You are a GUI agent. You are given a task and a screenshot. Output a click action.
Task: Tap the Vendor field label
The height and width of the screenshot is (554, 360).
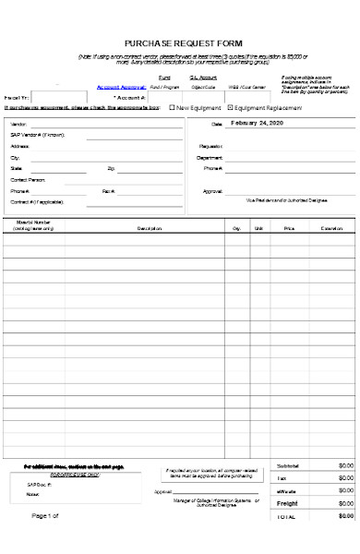point(19,124)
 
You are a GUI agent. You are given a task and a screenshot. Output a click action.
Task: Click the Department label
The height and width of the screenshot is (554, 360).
point(210,158)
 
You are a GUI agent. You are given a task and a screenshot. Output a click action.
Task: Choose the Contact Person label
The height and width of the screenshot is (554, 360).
point(27,180)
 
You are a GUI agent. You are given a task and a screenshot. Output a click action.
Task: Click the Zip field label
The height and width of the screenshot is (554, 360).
point(111,169)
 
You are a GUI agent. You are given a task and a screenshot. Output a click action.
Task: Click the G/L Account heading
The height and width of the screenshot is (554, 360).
point(202,78)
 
